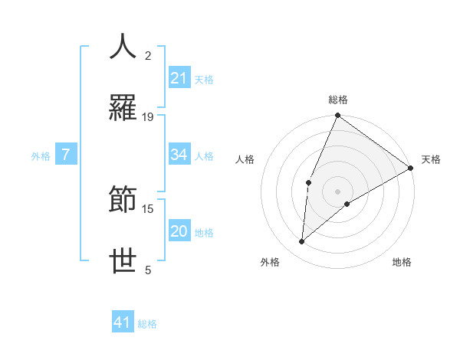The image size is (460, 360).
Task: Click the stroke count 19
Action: click(148, 117)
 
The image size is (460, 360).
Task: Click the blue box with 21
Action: click(179, 78)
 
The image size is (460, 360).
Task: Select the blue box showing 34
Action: click(179, 155)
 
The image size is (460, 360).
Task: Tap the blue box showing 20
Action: click(179, 232)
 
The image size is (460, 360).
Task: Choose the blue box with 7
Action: click(67, 155)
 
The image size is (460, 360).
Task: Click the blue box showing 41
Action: click(123, 323)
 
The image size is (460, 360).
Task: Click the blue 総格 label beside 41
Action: click(147, 324)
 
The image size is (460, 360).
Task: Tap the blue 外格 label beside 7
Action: click(41, 156)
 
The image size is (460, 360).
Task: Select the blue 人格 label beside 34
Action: click(204, 156)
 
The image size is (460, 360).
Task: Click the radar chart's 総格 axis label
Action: click(338, 100)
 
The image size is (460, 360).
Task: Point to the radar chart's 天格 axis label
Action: click(431, 159)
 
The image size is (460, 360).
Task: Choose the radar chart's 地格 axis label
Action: click(402, 263)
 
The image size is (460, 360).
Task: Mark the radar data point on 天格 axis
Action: click(411, 168)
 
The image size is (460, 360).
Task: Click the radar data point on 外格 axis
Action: click(302, 242)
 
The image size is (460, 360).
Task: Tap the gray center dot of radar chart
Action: click(338, 191)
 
